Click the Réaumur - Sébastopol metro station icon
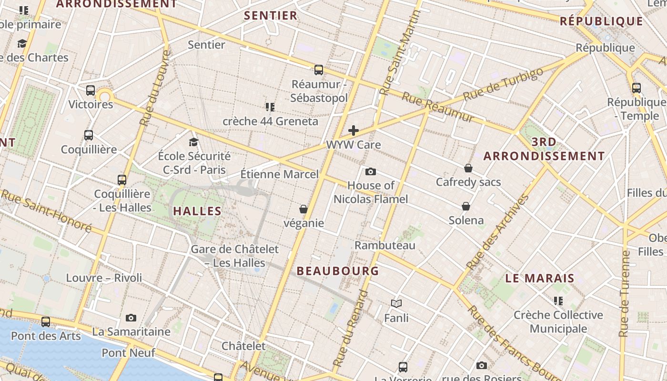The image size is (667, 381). pyautogui.click(x=319, y=70)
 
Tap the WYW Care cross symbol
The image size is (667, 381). pyautogui.click(x=354, y=130)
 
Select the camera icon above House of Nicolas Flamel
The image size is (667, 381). pyautogui.click(x=370, y=171)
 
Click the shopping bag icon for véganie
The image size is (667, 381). pyautogui.click(x=303, y=209)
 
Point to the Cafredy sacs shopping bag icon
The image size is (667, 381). pyautogui.click(x=468, y=168)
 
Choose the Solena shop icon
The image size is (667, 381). pyautogui.click(x=466, y=206)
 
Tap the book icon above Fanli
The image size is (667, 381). pyautogui.click(x=396, y=303)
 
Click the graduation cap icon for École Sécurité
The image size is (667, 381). pyautogui.click(x=193, y=142)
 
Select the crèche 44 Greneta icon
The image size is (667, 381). pyautogui.click(x=270, y=107)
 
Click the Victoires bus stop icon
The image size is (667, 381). pyautogui.click(x=91, y=90)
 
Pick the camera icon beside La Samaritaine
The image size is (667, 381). pyautogui.click(x=131, y=318)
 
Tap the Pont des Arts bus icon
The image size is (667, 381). pyautogui.click(x=46, y=321)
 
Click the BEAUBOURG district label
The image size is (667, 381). pyautogui.click(x=338, y=271)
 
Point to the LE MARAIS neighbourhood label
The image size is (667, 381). pyautogui.click(x=540, y=279)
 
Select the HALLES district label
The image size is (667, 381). pyautogui.click(x=197, y=211)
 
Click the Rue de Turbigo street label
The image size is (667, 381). pyautogui.click(x=503, y=84)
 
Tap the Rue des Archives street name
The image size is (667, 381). pyautogui.click(x=498, y=232)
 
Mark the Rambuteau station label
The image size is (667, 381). pyautogui.click(x=385, y=245)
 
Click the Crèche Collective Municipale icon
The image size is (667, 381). pyautogui.click(x=558, y=301)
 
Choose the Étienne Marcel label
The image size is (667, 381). pyautogui.click(x=279, y=174)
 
